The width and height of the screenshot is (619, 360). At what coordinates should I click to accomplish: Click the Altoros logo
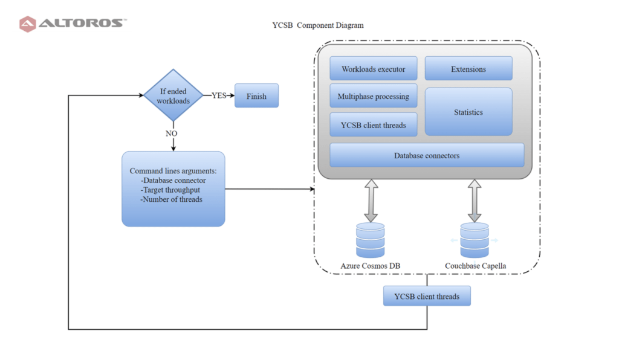pyautogui.click(x=73, y=24)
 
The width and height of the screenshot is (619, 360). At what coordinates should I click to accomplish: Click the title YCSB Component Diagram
pyautogui.click(x=318, y=25)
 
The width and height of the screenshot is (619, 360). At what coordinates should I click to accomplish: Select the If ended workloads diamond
pyautogui.click(x=173, y=95)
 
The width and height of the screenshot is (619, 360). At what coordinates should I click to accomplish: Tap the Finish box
pyautogui.click(x=256, y=96)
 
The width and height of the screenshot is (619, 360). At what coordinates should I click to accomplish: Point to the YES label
pyautogui.click(x=219, y=95)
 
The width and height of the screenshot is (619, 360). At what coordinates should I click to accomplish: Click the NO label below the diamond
pyautogui.click(x=171, y=133)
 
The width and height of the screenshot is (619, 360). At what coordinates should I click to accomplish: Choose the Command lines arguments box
pyautogui.click(x=173, y=189)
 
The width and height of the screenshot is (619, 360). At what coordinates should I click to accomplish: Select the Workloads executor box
pyautogui.click(x=374, y=69)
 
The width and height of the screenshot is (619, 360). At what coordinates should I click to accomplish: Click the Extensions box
pyautogui.click(x=468, y=69)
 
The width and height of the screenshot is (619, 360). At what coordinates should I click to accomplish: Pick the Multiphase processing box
pyautogui.click(x=374, y=96)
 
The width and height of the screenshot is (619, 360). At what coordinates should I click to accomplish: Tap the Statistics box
pyautogui.click(x=468, y=112)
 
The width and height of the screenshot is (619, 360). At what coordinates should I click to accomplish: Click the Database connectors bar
pyautogui.click(x=427, y=155)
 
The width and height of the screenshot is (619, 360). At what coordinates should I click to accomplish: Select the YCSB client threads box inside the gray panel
pyautogui.click(x=374, y=125)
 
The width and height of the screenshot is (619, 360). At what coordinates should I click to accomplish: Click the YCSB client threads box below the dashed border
pyautogui.click(x=427, y=296)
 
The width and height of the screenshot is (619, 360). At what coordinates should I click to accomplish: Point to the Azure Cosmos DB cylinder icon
pyautogui.click(x=371, y=240)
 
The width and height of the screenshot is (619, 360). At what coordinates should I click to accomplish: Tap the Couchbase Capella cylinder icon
pyautogui.click(x=475, y=240)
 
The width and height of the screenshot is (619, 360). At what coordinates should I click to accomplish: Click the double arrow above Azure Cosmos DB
pyautogui.click(x=371, y=201)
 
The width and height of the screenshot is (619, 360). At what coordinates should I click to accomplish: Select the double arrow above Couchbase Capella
pyautogui.click(x=475, y=201)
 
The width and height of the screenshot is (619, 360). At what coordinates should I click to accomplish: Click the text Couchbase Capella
pyautogui.click(x=476, y=266)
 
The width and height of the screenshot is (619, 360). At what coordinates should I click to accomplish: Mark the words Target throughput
pyautogui.click(x=171, y=190)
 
